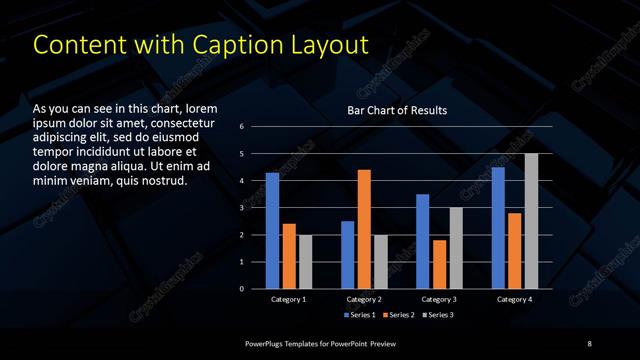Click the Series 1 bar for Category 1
[272, 231]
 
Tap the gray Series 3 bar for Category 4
[531, 221]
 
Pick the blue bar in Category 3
[423, 241]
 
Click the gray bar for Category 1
[305, 262]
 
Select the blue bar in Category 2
[348, 255]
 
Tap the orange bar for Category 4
[514, 251]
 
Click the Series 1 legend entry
[360, 315]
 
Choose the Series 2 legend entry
[396, 315]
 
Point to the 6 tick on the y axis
[242, 127]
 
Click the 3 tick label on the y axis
[242, 208]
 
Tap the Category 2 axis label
[364, 299]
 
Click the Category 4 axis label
[515, 299]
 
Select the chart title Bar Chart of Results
[397, 110]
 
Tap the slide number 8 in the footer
[589, 344]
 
